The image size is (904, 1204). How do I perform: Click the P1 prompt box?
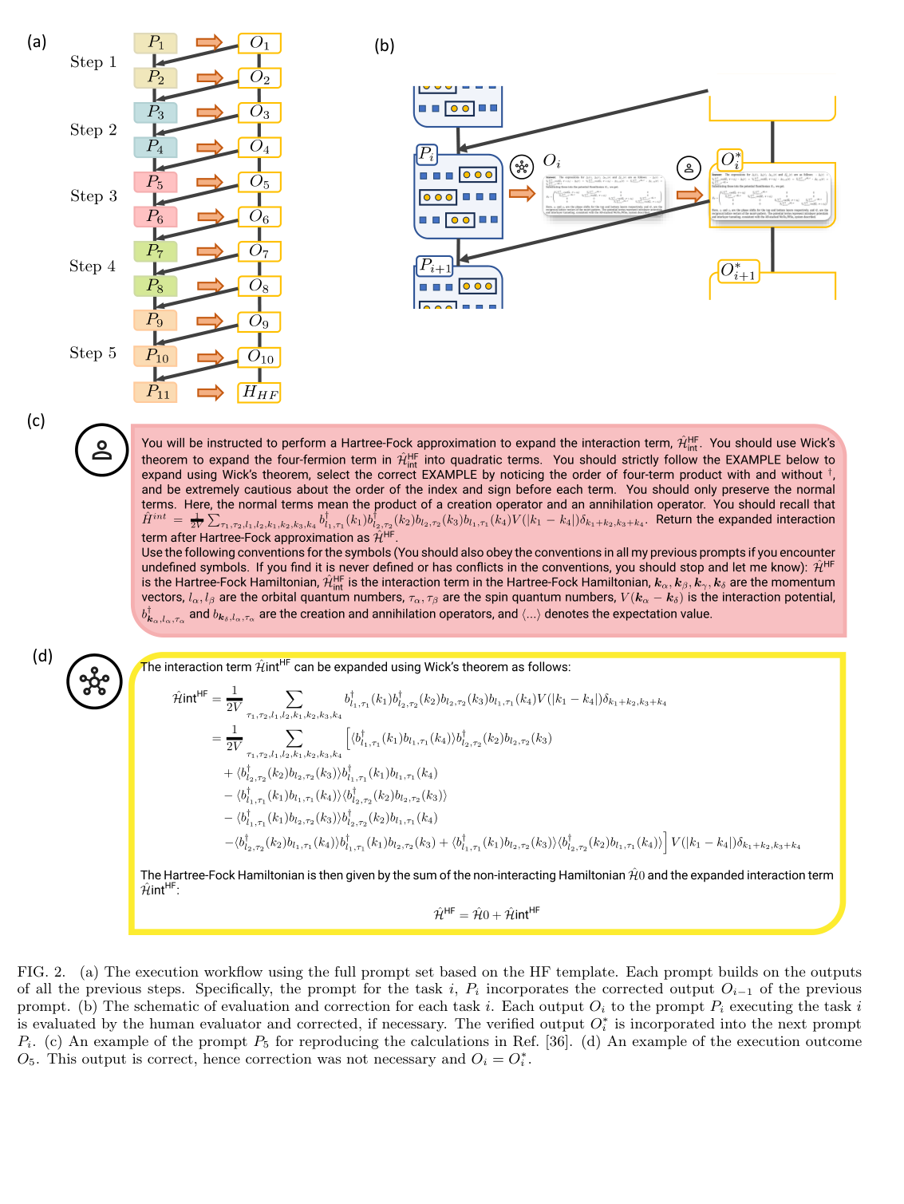[x=156, y=43]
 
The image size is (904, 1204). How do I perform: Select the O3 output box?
[x=259, y=113]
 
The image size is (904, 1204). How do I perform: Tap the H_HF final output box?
[x=259, y=393]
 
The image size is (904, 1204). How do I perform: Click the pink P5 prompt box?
[x=156, y=182]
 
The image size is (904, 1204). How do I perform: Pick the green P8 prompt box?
[x=156, y=286]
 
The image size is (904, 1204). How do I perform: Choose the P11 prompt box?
[x=156, y=393]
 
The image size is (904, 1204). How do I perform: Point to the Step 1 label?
[x=93, y=62]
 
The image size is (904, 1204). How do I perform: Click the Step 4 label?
[x=93, y=266]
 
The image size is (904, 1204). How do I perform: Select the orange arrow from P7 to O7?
[x=210, y=251]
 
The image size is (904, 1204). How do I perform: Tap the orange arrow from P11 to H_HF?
[x=210, y=393]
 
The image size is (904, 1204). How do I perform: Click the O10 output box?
[x=259, y=357]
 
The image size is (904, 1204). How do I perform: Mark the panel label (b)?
[x=385, y=45]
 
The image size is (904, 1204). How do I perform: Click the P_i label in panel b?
[x=427, y=154]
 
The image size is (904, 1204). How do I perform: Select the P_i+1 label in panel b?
[x=436, y=266]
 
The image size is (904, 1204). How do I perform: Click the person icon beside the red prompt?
[x=102, y=450]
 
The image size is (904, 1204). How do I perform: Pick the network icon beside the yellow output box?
[x=94, y=681]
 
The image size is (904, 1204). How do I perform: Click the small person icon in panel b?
[x=689, y=168]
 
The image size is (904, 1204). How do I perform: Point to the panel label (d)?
[x=42, y=656]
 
